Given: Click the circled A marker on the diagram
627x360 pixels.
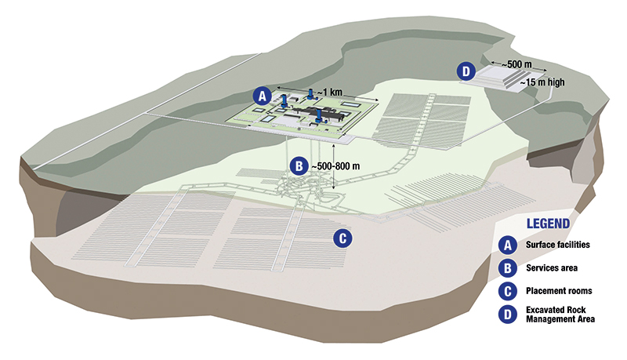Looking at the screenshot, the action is point(263,96).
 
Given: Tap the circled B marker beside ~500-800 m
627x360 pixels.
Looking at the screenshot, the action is point(299,165).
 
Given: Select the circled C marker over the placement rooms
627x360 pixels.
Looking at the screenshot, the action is point(342,238).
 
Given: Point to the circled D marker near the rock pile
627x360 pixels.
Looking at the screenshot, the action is point(466,71).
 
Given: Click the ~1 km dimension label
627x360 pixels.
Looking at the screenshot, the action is point(330,93).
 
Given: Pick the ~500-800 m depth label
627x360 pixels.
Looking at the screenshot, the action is point(335,165).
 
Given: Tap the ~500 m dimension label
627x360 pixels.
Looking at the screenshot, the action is point(516,64).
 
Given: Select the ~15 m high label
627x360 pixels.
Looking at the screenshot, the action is point(542,82).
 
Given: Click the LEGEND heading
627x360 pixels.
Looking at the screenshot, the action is point(548,224).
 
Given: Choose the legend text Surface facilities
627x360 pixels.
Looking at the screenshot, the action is point(558,245).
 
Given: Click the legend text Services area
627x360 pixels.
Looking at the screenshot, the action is point(552,268).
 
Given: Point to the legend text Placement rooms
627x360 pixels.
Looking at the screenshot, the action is point(559,291).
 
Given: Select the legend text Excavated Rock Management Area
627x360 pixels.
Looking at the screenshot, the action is point(560,315).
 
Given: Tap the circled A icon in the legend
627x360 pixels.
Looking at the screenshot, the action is point(508,245).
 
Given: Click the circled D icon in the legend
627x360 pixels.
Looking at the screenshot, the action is point(508,315).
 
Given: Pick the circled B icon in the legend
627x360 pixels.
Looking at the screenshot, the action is point(508,268).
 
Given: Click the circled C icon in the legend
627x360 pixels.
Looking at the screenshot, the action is point(508,291).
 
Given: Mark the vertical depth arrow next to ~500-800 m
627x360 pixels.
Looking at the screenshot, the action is point(334,165).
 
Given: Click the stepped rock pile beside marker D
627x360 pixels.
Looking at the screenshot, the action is point(502,77).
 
